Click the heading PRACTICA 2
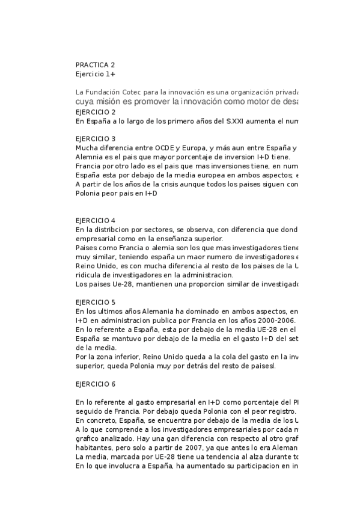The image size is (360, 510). point(95,64)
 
